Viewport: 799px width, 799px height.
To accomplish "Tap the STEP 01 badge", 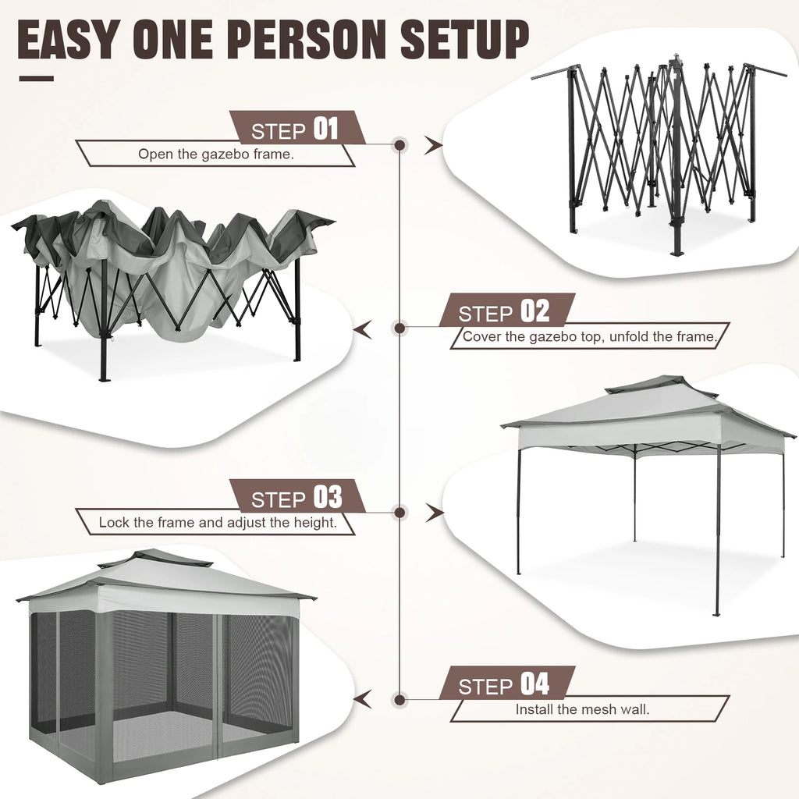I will pyautogui.click(x=297, y=128).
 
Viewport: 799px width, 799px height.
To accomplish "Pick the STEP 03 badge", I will pyautogui.click(x=297, y=497).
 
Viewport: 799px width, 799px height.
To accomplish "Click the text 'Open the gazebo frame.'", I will pyautogui.click(x=215, y=154).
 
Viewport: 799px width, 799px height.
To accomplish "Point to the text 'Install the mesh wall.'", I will pyautogui.click(x=582, y=709).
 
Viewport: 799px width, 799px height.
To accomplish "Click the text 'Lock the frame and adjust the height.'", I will pyautogui.click(x=218, y=522).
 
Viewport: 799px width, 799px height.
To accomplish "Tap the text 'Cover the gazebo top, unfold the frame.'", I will pyautogui.click(x=589, y=336).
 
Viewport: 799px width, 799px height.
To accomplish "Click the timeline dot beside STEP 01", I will pyautogui.click(x=400, y=144).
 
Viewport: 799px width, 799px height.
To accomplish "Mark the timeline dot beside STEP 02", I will pyautogui.click(x=400, y=328).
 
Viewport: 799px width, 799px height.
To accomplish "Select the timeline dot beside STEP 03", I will pyautogui.click(x=400, y=513).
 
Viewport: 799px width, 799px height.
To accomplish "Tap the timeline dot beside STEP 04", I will pyautogui.click(x=400, y=698).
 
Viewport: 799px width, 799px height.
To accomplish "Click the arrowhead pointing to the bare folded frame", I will pyautogui.click(x=433, y=144).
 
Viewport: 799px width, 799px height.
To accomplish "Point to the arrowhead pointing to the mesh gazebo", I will pyautogui.click(x=362, y=698).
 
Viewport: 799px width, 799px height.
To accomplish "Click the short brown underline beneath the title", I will pyautogui.click(x=36, y=78).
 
